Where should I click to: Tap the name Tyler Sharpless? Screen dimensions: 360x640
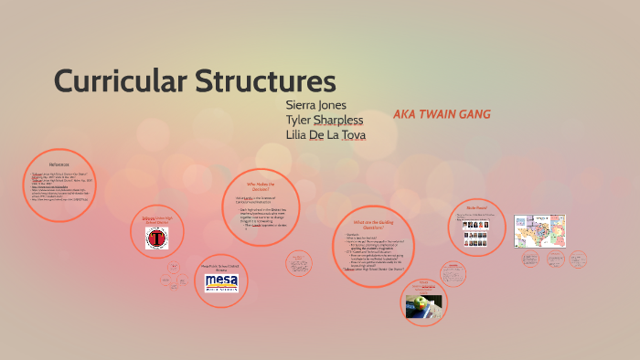[325, 120]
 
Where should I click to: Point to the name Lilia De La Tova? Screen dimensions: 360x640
[326, 135]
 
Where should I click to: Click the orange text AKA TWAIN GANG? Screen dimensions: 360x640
[442, 114]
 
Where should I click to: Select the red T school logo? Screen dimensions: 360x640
[157, 239]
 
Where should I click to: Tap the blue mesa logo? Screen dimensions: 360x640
[221, 281]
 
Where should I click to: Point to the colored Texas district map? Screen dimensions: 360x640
[539, 233]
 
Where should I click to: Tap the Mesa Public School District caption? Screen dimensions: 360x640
[220, 267]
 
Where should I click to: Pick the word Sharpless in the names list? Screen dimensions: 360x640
[338, 120]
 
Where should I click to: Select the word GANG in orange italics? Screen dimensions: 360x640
[473, 114]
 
